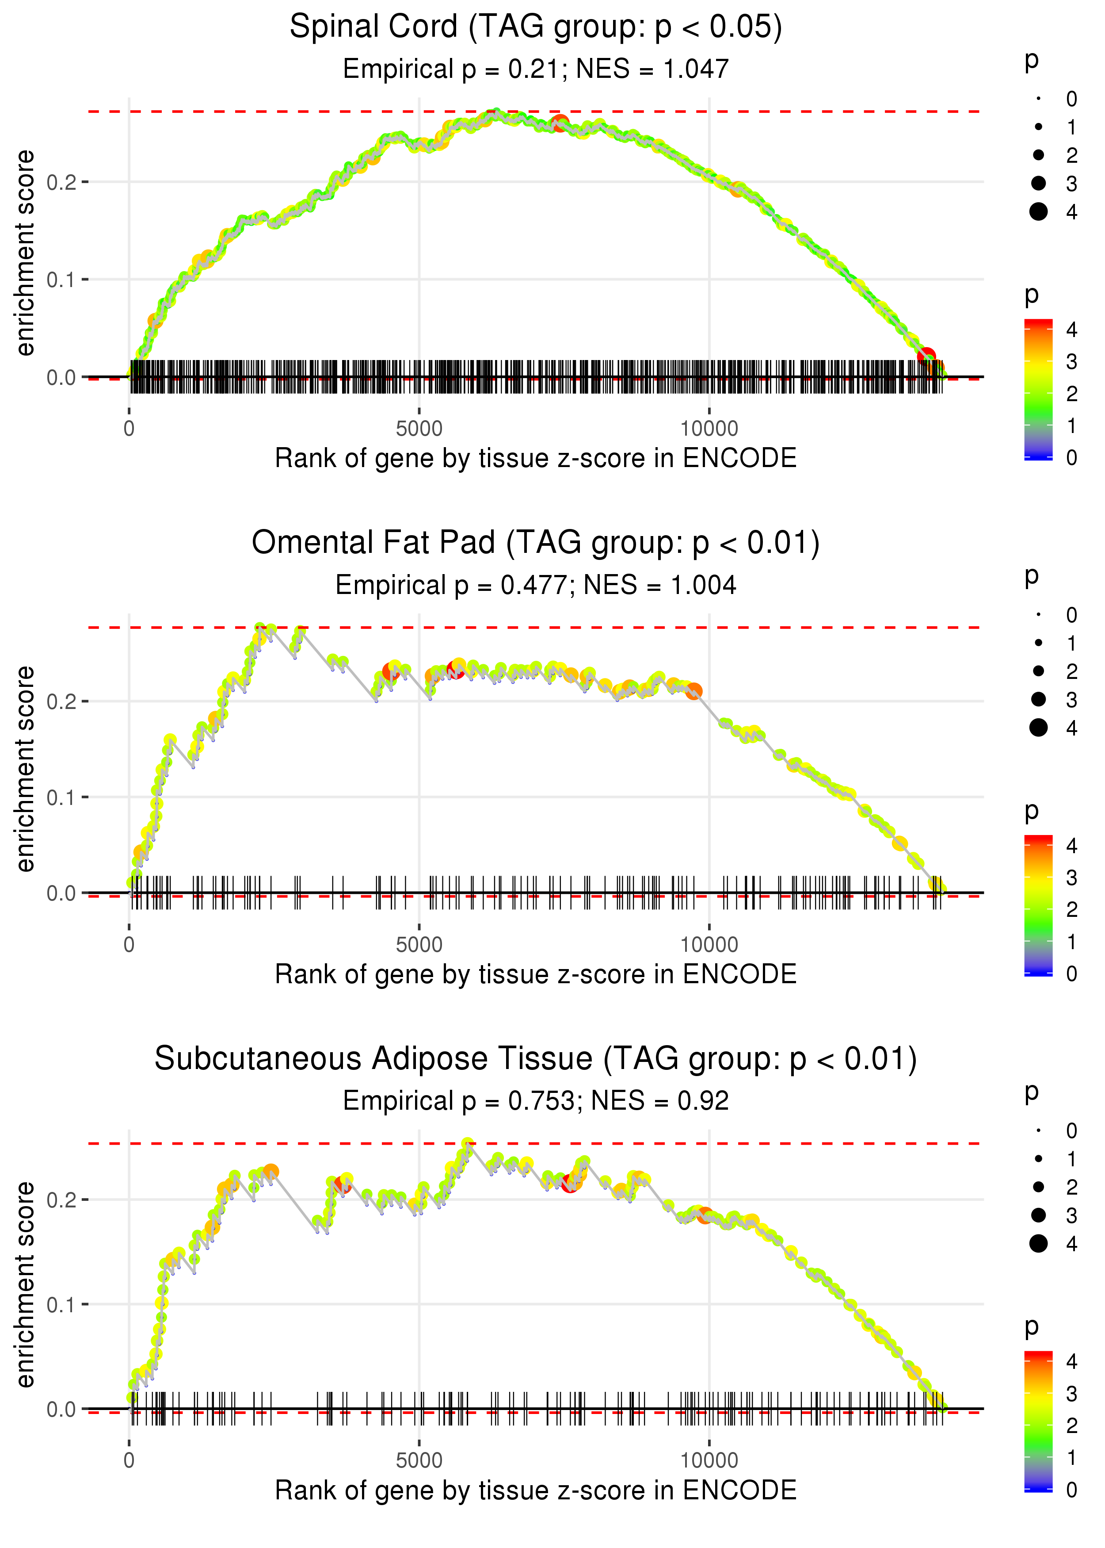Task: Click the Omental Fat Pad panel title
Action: click(536, 543)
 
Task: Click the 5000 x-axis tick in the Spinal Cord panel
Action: click(419, 429)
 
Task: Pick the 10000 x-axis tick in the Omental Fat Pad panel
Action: click(709, 945)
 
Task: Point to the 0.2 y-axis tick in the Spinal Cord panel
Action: click(61, 182)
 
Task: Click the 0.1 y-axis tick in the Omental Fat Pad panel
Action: click(61, 797)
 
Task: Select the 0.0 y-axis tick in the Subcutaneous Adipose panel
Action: click(61, 1409)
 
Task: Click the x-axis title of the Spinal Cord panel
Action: click(536, 458)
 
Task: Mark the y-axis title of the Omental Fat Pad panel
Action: click(25, 769)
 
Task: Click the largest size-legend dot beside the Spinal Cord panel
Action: click(1038, 212)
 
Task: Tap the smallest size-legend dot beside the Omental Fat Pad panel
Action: click(1038, 615)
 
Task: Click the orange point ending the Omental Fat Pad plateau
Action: click(693, 692)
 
